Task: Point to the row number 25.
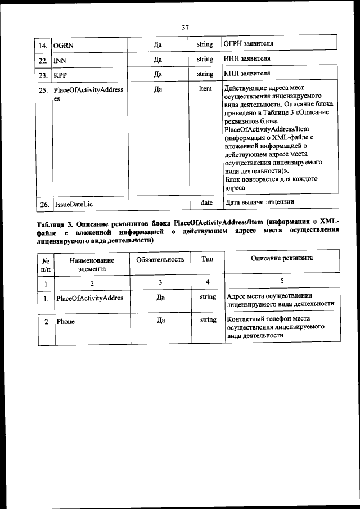43,90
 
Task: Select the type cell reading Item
205,89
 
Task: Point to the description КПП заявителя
247,74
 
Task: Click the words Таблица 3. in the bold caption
55,224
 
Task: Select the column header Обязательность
160,259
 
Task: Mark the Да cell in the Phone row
160,320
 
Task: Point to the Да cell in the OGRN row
158,44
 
